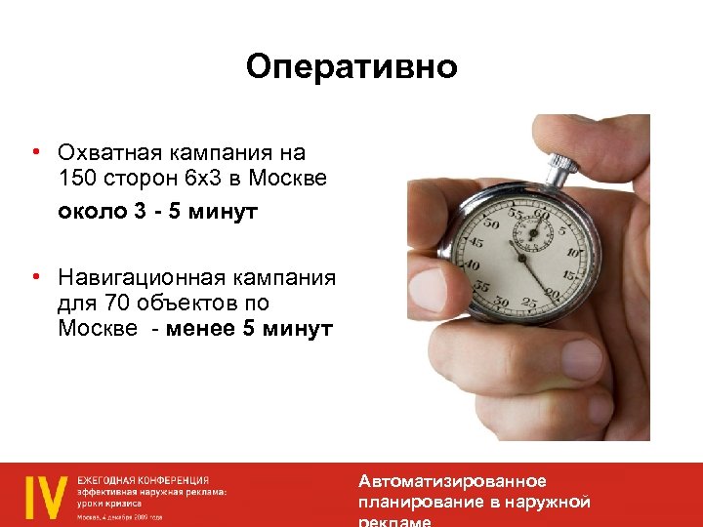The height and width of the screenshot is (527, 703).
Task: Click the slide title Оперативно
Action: coord(351,66)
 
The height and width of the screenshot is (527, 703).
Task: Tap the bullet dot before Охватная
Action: coord(34,152)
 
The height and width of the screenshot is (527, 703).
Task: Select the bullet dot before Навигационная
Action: coord(34,277)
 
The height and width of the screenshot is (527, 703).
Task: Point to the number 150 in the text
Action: coord(77,180)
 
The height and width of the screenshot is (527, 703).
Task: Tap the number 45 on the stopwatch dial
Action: coord(476,242)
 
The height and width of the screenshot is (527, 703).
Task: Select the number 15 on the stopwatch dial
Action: coord(569,276)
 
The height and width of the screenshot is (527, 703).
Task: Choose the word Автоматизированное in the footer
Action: coord(452,481)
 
